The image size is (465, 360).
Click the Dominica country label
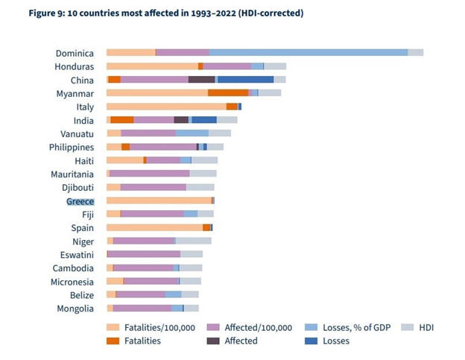pos(74,53)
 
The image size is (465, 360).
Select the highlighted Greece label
pos(80,201)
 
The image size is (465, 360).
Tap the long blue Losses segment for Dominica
pos(308,53)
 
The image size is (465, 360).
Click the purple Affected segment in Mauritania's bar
pos(149,174)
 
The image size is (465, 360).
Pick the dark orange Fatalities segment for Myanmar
pos(228,93)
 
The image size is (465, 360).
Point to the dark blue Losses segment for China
pos(245,80)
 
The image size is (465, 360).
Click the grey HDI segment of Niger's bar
pos(193,241)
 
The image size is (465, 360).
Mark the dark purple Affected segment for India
pos(181,120)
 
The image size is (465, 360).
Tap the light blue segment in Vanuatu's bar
pos(192,133)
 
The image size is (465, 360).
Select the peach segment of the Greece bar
pos(159,201)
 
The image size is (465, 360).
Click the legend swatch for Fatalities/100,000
pos(113,327)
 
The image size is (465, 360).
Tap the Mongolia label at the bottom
pos(75,309)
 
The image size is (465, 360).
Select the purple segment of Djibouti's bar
pos(153,187)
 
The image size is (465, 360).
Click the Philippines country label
pos(71,147)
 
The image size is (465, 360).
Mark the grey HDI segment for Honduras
pos(275,66)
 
